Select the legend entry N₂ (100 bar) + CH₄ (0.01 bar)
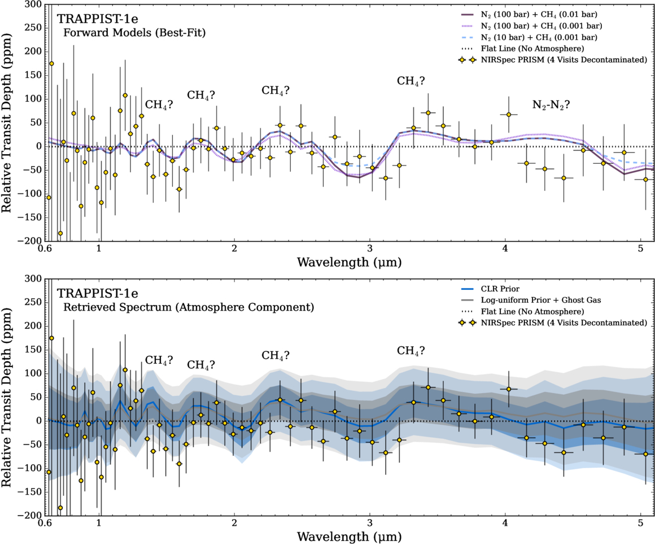pyautogui.click(x=536, y=15)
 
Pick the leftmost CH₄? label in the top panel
pyautogui.click(x=159, y=104)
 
